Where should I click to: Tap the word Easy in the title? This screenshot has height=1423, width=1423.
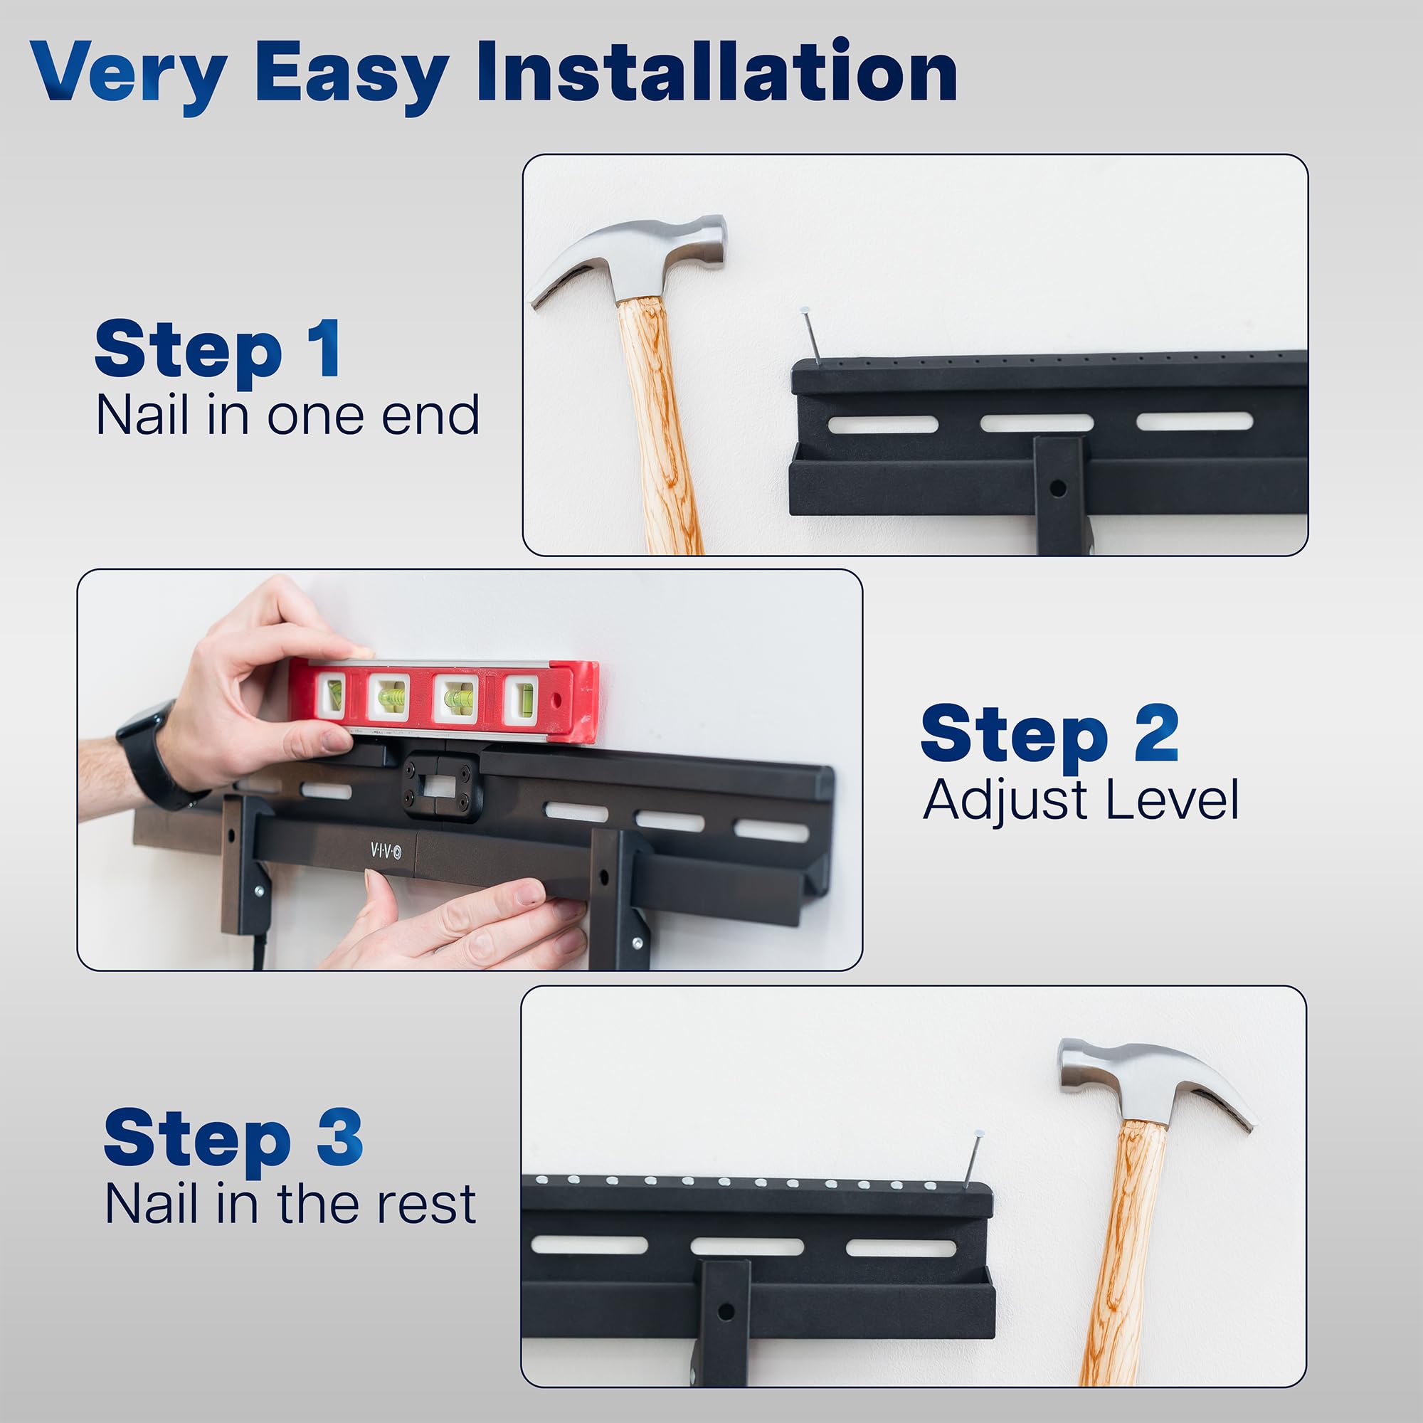(351, 76)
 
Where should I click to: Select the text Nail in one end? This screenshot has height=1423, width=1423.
(288, 416)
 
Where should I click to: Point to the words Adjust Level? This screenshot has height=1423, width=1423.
(1081, 800)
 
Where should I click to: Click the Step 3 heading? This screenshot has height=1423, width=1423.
(233, 1138)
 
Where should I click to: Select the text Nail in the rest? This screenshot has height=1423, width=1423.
(291, 1205)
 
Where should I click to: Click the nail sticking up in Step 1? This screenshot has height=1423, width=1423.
(810, 336)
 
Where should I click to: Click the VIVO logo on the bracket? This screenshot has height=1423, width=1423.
(386, 852)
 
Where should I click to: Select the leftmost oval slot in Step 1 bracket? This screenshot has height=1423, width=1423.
(882, 425)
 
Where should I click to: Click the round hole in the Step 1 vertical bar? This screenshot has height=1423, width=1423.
(1058, 487)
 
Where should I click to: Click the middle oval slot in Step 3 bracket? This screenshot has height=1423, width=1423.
(747, 1247)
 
